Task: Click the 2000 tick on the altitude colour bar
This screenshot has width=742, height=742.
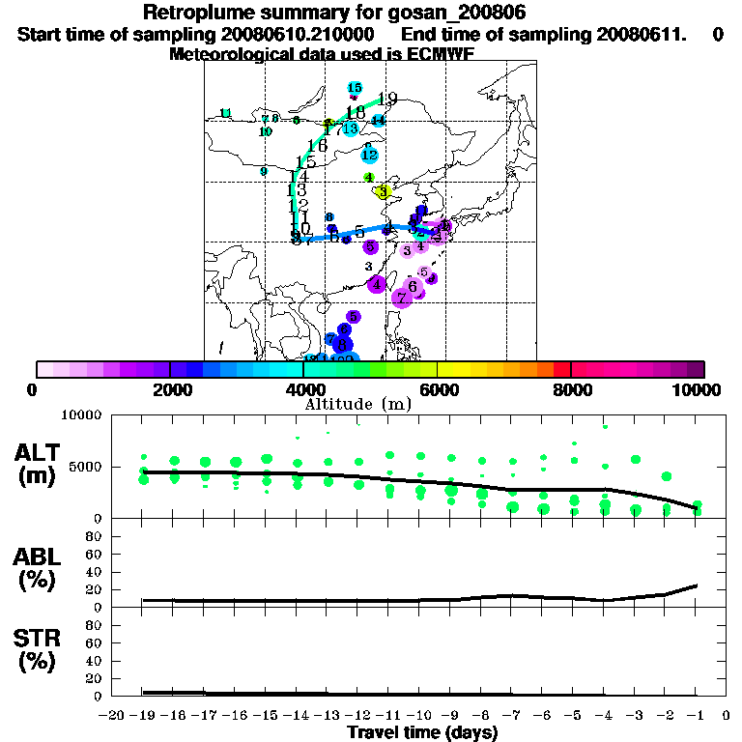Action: [x=170, y=369]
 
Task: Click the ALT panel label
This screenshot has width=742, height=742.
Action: [x=38, y=463]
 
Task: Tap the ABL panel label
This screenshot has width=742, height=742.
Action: [x=38, y=568]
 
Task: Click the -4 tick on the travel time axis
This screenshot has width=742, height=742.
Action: [x=605, y=715]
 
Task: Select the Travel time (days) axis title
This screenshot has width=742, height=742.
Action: [x=422, y=732]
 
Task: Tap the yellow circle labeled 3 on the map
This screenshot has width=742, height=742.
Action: [x=383, y=192]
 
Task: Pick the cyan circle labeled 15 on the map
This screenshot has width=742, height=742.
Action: [x=355, y=89]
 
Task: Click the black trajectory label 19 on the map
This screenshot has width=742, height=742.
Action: [x=387, y=99]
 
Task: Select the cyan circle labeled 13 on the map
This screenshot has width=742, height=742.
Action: [x=350, y=128]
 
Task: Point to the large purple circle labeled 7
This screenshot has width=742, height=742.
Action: [x=402, y=299]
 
